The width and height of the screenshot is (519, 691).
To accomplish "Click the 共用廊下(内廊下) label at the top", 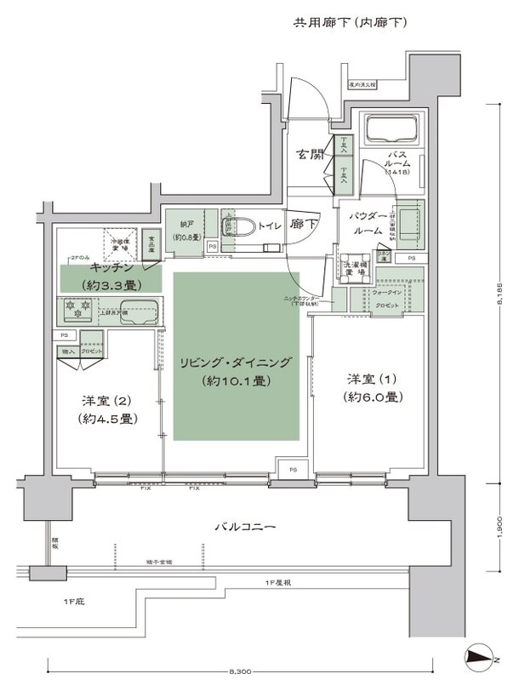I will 351,23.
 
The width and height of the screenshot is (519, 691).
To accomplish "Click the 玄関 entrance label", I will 311,155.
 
